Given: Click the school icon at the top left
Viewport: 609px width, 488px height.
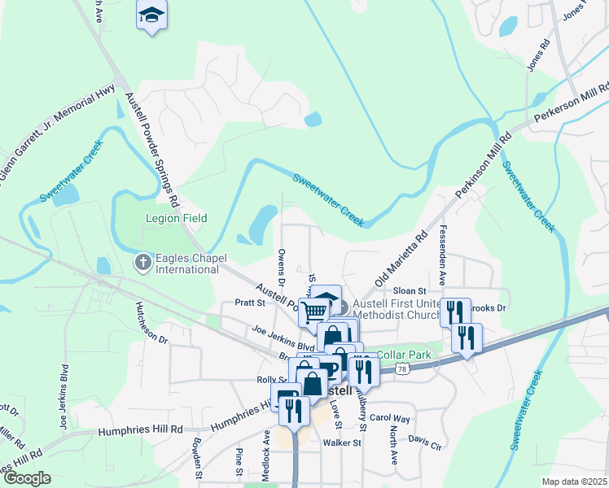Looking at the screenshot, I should tap(151, 15).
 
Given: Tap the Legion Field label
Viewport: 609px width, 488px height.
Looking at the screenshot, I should tap(176, 218).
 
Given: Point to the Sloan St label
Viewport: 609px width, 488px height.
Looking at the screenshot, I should tap(410, 290).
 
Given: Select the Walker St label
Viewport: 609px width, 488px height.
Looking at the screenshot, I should tap(341, 443).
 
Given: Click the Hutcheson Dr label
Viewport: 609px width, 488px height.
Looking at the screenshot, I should tap(151, 321).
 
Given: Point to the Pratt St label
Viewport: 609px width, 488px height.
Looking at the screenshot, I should tap(251, 303).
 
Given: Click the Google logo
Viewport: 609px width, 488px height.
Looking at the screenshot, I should tap(27, 478).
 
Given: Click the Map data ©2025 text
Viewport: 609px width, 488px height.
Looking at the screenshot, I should tap(574, 481).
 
